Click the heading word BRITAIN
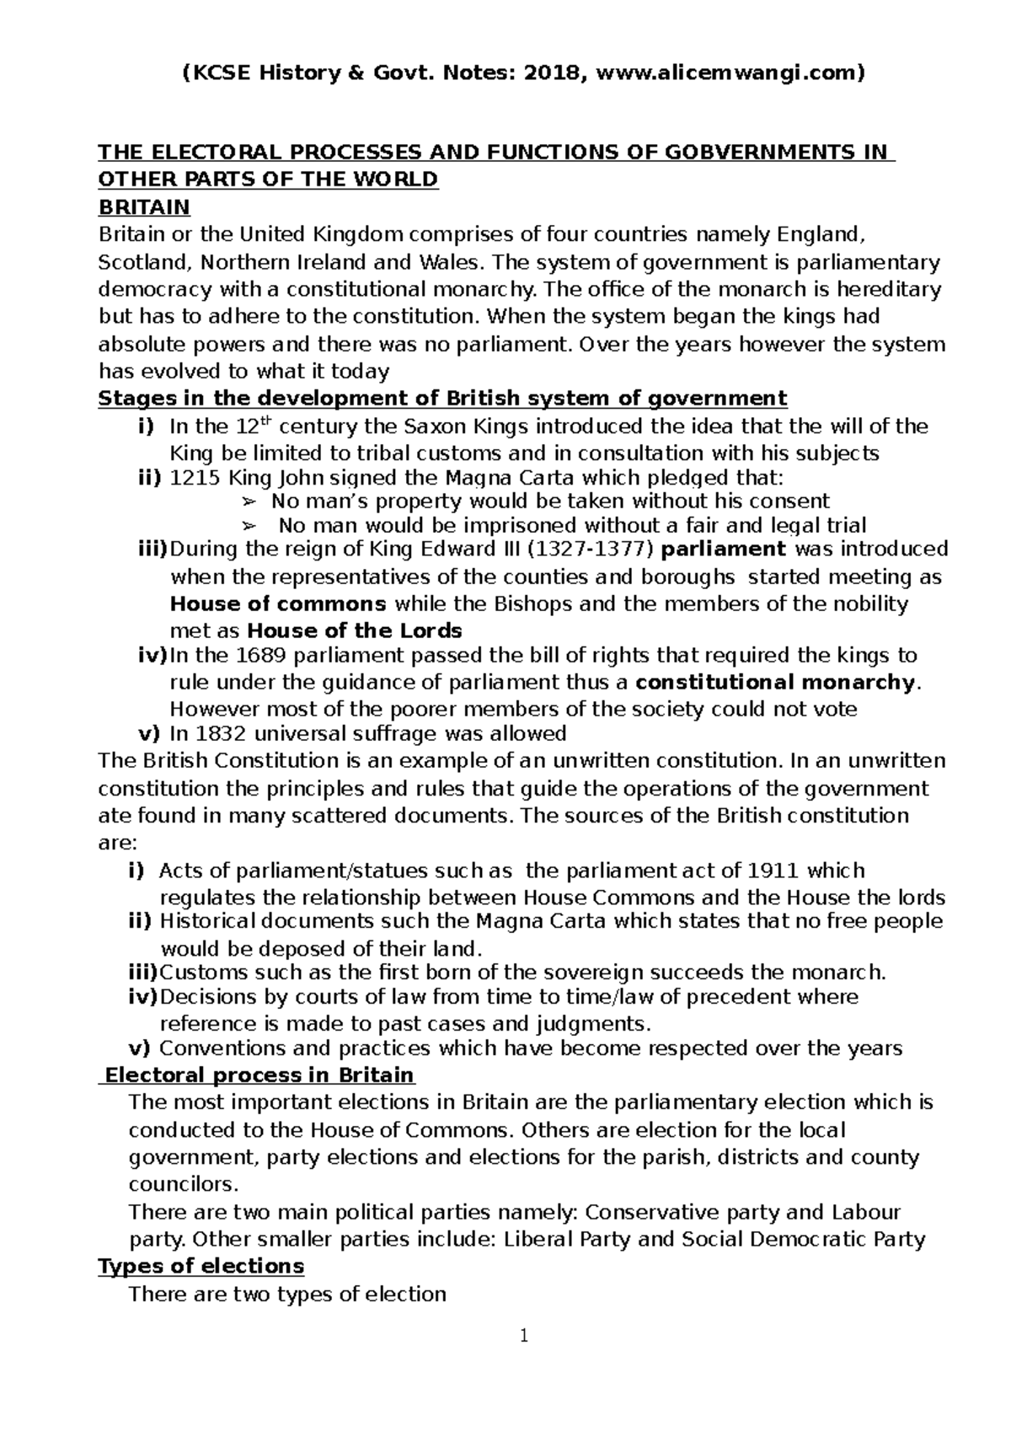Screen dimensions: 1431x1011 144,206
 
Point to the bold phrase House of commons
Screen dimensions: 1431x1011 278,604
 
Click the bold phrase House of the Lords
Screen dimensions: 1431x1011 354,631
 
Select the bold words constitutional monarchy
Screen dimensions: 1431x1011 774,683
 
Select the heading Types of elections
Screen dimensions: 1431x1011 201,1266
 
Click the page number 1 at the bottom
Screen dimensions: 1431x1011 524,1336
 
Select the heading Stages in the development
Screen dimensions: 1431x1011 442,398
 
